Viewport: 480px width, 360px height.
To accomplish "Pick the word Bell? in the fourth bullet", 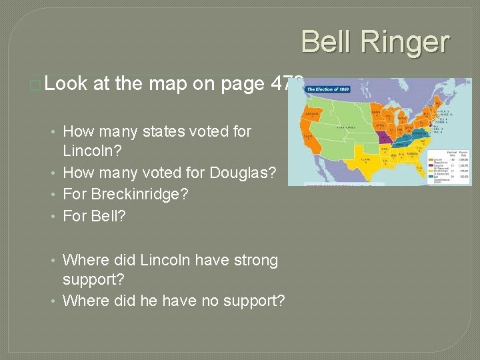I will (111, 215).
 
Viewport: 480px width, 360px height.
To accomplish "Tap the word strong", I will (256, 259).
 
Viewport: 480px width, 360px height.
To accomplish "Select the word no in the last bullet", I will (188, 301).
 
